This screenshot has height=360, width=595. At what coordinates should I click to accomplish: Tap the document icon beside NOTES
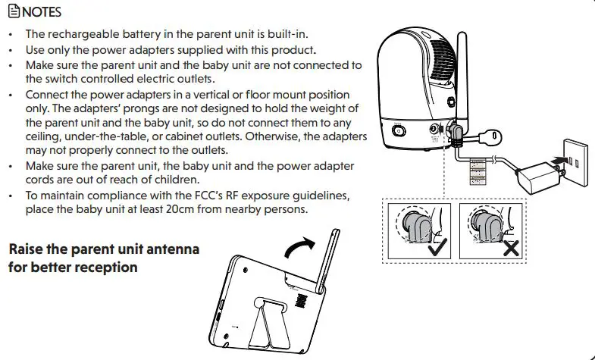(x=14, y=13)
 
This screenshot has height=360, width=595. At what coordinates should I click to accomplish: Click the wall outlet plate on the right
(x=577, y=158)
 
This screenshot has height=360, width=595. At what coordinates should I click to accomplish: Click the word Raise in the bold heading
(x=29, y=250)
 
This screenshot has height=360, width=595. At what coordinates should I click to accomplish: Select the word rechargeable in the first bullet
(x=84, y=35)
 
